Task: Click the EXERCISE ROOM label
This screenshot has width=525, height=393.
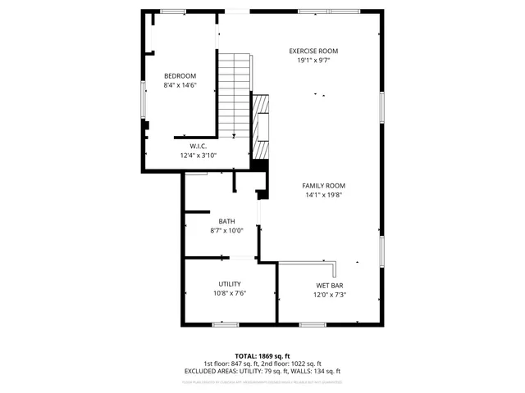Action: (x=317, y=51)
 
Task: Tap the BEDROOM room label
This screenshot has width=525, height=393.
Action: (x=180, y=75)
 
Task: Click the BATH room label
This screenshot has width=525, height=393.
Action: (x=226, y=221)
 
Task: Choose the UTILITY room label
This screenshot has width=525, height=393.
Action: (x=230, y=284)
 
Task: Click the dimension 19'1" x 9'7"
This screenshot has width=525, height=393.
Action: (x=317, y=61)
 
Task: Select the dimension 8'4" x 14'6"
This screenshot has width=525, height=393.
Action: (x=180, y=85)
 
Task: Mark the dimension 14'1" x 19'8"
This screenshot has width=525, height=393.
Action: (x=323, y=196)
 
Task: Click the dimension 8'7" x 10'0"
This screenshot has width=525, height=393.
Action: (x=226, y=231)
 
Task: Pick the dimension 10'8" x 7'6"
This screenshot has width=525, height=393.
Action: (x=230, y=294)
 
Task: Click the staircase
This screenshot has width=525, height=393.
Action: (x=235, y=94)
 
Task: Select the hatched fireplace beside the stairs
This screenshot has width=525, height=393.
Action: (x=261, y=127)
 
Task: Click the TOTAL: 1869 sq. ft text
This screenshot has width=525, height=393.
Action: (x=262, y=356)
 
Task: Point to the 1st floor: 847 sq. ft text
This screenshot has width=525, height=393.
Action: (x=233, y=364)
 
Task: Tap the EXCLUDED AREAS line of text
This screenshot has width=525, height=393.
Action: (x=262, y=371)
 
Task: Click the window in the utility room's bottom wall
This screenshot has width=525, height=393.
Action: (x=226, y=324)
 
